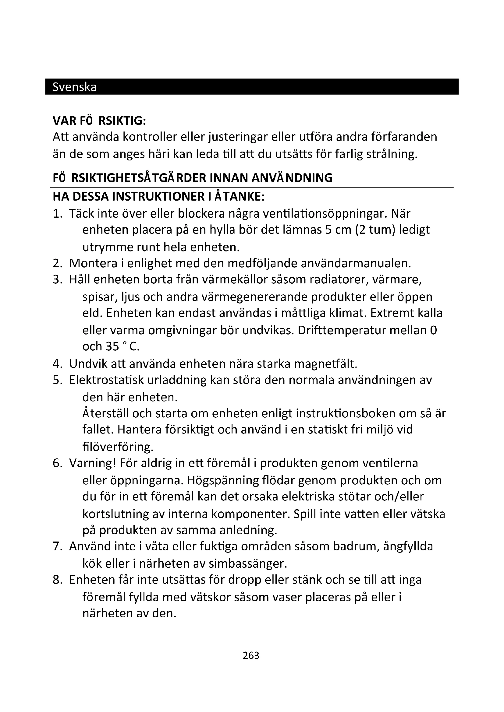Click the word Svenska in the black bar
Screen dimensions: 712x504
tap(74, 87)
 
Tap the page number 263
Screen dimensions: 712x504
tap(251, 655)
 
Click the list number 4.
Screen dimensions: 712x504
tap(57, 363)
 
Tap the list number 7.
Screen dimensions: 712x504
tap(57, 546)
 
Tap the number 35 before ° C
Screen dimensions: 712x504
tap(112, 346)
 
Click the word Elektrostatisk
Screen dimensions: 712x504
tap(106, 380)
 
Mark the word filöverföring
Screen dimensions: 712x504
tap(118, 447)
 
